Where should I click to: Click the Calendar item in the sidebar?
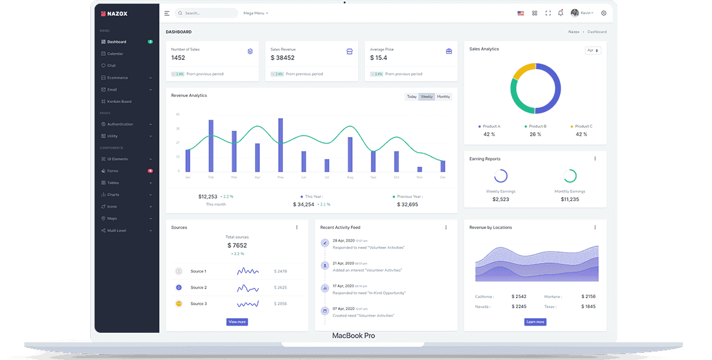coord(115,54)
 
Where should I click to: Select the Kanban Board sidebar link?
coord(119,101)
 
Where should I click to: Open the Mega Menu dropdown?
coord(255,13)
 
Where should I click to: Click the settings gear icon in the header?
coord(604,13)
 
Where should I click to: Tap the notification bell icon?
coord(561,13)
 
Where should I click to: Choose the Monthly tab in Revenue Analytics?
coord(444,97)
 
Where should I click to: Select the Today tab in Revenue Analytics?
coord(411,97)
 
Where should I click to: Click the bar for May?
coord(281,145)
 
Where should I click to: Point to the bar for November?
coord(419,169)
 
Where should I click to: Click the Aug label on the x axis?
coord(350,178)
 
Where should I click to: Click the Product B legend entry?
coord(536,126)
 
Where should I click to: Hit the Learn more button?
coord(535,322)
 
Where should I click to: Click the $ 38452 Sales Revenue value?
coord(282,58)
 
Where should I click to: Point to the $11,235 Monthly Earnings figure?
coord(570,199)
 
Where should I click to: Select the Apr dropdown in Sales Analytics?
coord(593,50)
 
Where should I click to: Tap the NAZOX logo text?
coord(118,13)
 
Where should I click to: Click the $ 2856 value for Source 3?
coord(281,304)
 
